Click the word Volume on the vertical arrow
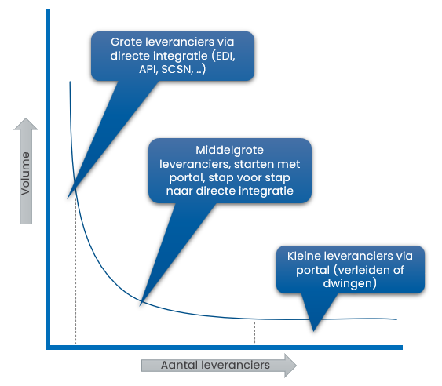coord(25,173)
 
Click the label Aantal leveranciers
coord(215,365)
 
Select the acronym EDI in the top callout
coord(225,56)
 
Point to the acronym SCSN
coord(177,69)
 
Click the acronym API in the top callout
coord(148,69)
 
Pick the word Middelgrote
coord(230,150)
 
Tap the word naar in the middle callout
coord(179,191)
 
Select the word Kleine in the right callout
coord(304,256)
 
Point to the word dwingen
coord(348,283)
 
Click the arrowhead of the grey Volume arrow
coord(26,124)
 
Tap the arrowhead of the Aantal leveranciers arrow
coord(290,365)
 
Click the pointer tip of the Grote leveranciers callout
coord(68,198)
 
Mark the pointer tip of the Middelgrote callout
coord(140,306)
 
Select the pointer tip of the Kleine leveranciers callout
coord(314,331)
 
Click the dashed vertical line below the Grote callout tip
coord(75,271)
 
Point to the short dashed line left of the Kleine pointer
coord(255,333)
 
